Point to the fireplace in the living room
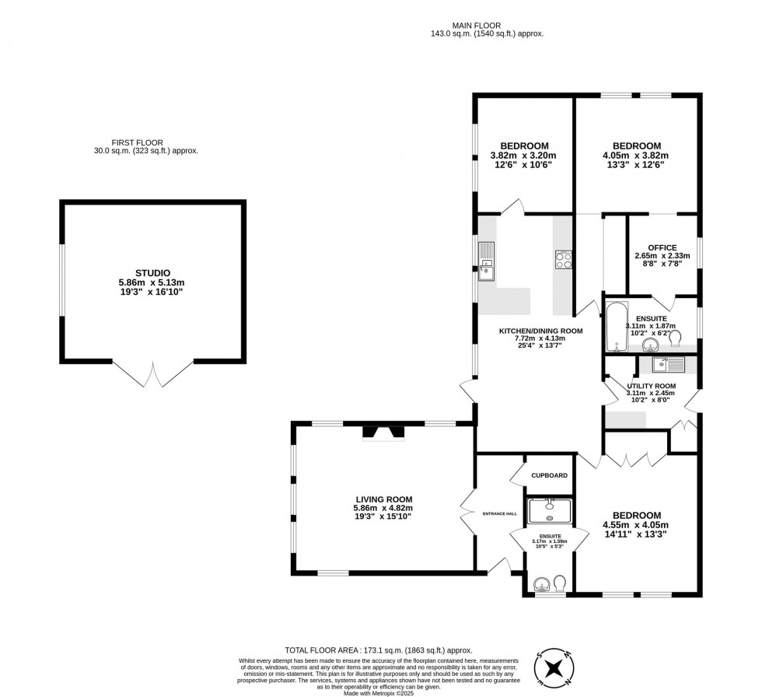pos(383,433)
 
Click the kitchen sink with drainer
pos(486,261)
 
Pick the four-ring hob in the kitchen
pos(564,260)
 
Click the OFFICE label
pos(662,248)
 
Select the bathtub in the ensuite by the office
pos(614,327)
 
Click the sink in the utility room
pos(667,363)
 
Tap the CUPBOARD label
pos(549,475)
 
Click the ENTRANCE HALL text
pos(499,514)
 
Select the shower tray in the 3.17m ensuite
pos(550,511)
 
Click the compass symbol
pos(555,668)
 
